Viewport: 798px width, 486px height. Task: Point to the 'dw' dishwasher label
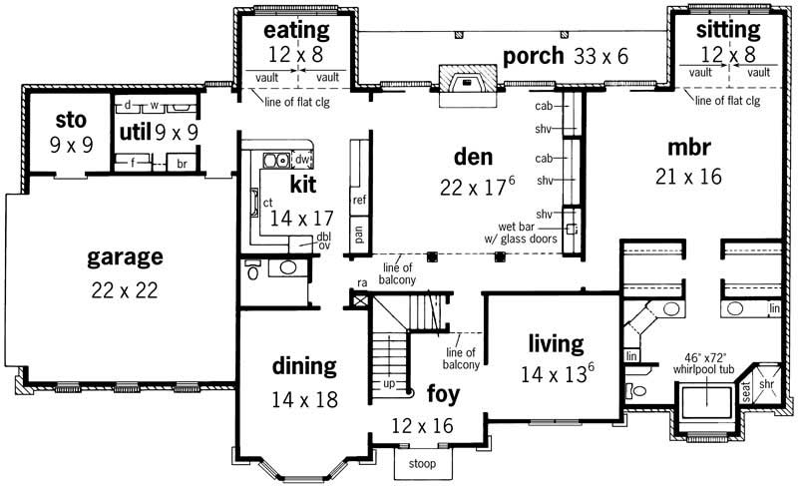click(x=302, y=159)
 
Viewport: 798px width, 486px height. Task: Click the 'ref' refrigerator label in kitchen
click(x=359, y=200)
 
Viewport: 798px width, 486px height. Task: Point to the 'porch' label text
click(x=534, y=55)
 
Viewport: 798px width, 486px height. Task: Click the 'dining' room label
click(x=304, y=366)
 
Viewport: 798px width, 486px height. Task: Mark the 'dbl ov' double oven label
click(x=324, y=241)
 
